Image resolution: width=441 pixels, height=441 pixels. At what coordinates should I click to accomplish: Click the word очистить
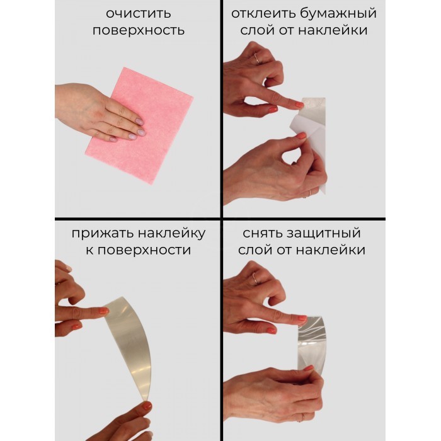[139, 13]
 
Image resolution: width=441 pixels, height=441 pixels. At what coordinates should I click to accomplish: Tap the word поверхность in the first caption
[139, 30]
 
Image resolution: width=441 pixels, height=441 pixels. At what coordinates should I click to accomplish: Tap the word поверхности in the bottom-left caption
[144, 250]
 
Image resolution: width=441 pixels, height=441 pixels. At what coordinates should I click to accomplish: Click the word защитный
[323, 234]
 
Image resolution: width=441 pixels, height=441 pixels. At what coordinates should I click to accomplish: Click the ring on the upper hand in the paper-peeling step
[257, 59]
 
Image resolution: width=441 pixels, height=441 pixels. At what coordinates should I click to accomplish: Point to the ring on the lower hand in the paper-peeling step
[310, 193]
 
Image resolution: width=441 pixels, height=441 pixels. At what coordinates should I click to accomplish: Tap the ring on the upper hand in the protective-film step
[255, 278]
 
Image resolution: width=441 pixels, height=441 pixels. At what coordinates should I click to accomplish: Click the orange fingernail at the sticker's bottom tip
[147, 406]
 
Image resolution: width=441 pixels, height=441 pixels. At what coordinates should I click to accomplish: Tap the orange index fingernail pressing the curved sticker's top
[103, 311]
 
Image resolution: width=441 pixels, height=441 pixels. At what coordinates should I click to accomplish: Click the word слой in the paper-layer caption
[257, 30]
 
